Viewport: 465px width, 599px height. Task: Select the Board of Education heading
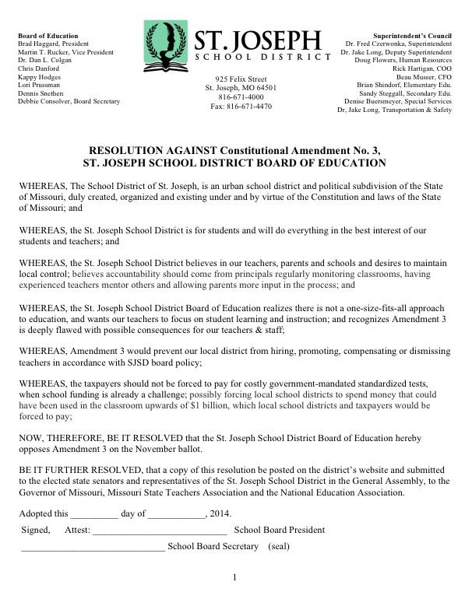[48, 36]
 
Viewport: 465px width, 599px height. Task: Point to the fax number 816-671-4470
[241, 107]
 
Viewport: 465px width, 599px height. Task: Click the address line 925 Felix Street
[241, 79]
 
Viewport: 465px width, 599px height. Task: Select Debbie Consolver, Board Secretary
[69, 102]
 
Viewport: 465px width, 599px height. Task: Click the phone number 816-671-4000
[241, 97]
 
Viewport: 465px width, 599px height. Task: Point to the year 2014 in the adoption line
[220, 513]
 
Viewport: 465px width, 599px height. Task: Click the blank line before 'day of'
[94, 514]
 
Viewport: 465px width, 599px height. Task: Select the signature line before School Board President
[160, 531]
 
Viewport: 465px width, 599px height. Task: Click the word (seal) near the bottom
[279, 546]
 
